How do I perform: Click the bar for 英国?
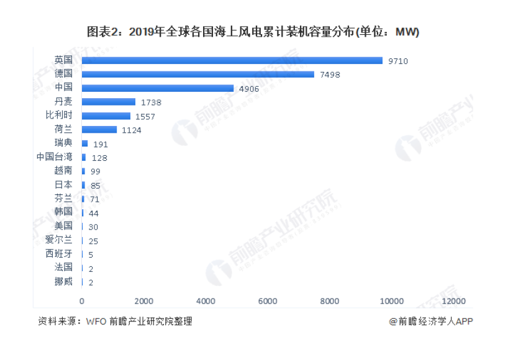click(x=232, y=60)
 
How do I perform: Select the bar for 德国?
click(x=198, y=74)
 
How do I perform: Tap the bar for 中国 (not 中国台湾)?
click(x=158, y=88)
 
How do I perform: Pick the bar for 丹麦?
click(x=109, y=102)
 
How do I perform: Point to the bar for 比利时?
click(x=106, y=116)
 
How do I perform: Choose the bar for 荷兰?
click(x=99, y=130)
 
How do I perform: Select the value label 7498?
click(x=330, y=74)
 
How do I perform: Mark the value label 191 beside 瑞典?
click(x=101, y=144)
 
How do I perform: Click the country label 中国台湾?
click(x=54, y=156)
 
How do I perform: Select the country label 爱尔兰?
click(x=59, y=240)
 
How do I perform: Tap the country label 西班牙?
click(x=59, y=253)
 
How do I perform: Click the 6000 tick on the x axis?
click(x=268, y=301)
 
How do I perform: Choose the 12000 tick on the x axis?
click(x=453, y=301)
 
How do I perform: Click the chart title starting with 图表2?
click(x=253, y=32)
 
